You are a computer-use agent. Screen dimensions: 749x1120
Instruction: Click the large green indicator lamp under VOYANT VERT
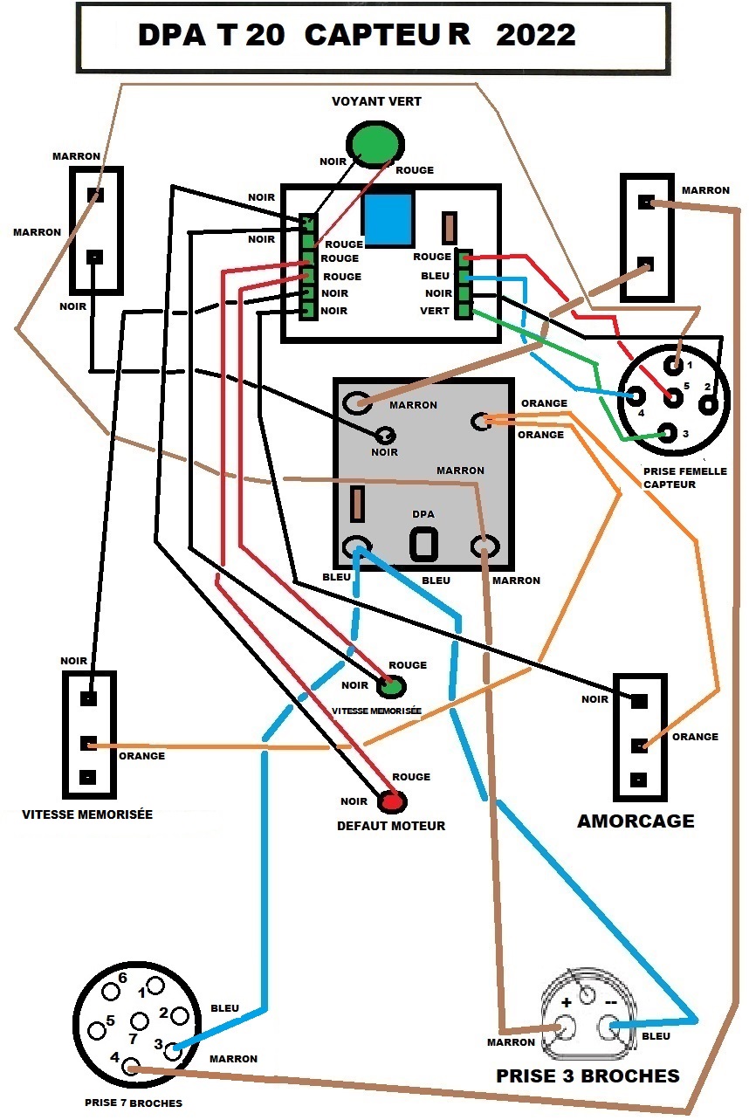point(375,144)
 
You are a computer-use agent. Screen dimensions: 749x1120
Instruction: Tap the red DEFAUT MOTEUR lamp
point(391,801)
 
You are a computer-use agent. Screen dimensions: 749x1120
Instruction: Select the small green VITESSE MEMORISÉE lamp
point(390,686)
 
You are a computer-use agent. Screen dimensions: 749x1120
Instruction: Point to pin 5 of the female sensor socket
point(674,398)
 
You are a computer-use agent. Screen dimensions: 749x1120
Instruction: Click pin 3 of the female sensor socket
point(667,433)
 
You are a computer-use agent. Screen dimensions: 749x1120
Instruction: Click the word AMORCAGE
point(636,821)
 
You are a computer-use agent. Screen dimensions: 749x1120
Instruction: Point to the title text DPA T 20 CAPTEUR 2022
point(356,35)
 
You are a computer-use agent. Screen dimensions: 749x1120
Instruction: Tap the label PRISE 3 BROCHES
point(588,1076)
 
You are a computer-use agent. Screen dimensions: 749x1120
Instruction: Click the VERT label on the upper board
point(435,311)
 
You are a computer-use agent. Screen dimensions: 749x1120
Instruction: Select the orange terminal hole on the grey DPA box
point(480,422)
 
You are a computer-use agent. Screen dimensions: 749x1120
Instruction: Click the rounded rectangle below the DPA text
point(424,544)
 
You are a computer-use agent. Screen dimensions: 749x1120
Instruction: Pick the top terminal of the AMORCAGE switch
point(639,701)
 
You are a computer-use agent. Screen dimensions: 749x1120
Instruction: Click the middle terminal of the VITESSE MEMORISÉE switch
point(88,743)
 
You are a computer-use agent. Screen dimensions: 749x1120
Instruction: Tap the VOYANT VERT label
point(376,101)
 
